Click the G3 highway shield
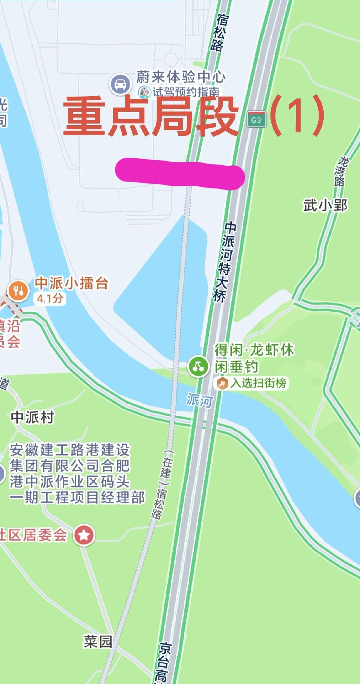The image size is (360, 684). [x=256, y=120]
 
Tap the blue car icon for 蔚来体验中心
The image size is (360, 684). [x=120, y=84]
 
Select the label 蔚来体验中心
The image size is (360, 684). [x=181, y=77]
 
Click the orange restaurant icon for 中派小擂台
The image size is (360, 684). [x=18, y=291]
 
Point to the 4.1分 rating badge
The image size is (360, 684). [x=49, y=298]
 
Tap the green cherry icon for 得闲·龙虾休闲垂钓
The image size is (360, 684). [x=198, y=366]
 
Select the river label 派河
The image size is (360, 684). [x=199, y=400]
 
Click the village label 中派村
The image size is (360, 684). [x=32, y=417]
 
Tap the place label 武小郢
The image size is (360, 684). [x=325, y=205]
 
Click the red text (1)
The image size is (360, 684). [x=297, y=116]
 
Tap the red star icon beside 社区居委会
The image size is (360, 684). [x=84, y=535]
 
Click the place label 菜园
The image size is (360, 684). [x=98, y=641]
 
